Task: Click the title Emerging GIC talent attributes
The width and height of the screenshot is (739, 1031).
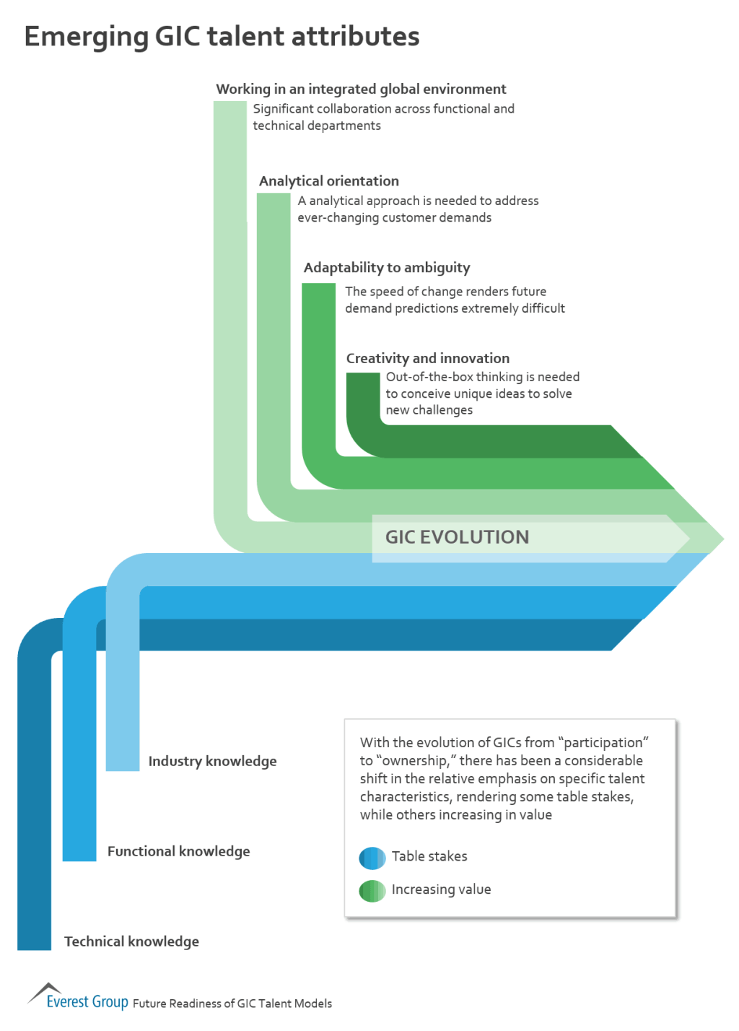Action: tap(222, 36)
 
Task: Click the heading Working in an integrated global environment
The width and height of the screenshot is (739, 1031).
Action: tap(361, 89)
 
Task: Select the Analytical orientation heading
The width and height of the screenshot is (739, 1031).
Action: tap(328, 180)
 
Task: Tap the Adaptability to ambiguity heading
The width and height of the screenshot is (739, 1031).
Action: tap(386, 268)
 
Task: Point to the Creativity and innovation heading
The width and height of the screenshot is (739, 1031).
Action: tap(427, 358)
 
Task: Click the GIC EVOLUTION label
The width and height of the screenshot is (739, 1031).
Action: tap(457, 537)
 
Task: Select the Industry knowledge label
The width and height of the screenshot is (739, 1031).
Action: tap(212, 761)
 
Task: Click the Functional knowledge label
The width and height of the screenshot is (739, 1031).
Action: tap(178, 851)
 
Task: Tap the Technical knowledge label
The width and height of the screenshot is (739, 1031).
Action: tap(131, 941)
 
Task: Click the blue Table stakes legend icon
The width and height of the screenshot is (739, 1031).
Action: tap(372, 858)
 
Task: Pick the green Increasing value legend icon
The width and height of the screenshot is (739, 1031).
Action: tap(372, 891)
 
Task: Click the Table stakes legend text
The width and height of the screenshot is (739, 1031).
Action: tap(429, 856)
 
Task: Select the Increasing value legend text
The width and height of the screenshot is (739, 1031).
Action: tap(441, 889)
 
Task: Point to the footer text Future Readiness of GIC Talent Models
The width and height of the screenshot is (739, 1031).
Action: tap(232, 1004)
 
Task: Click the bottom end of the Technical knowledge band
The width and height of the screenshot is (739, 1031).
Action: tap(34, 942)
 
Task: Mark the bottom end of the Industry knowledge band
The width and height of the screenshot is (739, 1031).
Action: tap(123, 764)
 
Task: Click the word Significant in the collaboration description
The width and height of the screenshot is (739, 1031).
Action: tap(283, 109)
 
